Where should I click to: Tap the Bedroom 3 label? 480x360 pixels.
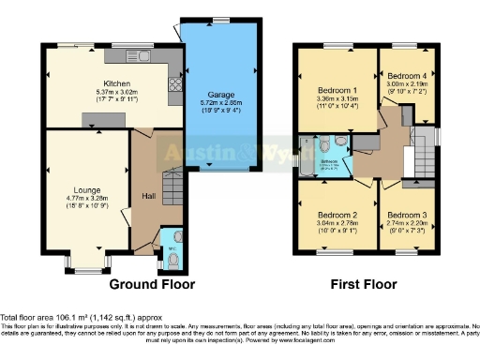coord(408,215)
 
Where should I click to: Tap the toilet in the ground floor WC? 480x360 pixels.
coord(173,253)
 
